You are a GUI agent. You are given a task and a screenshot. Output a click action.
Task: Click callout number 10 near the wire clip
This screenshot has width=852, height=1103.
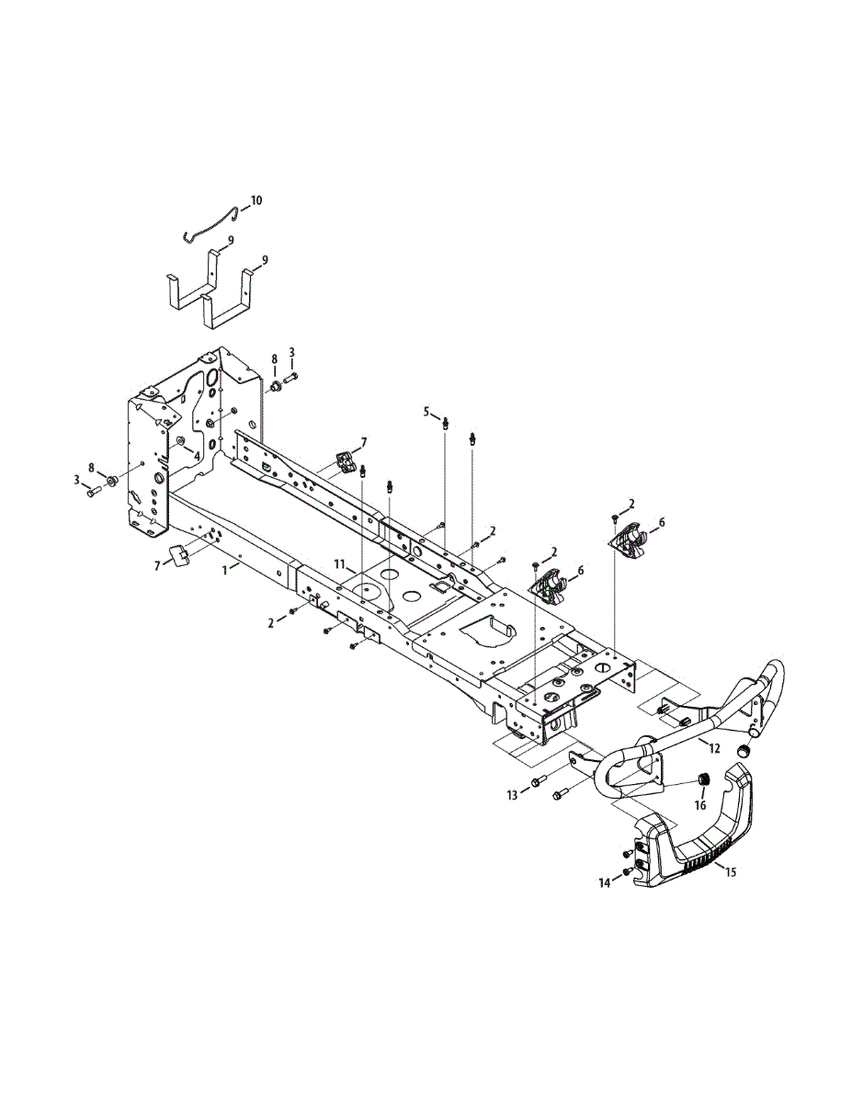click(x=256, y=199)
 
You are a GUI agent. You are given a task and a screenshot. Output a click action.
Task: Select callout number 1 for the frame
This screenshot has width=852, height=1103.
click(x=225, y=570)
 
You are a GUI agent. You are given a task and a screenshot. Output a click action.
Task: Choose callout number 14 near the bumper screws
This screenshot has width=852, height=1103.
click(x=604, y=883)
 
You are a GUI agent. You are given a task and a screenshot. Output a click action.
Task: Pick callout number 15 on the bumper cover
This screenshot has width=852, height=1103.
click(x=731, y=871)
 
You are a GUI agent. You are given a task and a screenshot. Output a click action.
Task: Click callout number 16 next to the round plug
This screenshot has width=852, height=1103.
click(x=700, y=806)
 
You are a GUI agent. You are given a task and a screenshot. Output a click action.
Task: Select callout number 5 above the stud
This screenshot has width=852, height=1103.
click(x=426, y=411)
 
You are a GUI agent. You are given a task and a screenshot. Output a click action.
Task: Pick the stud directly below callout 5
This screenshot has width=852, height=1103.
click(x=446, y=424)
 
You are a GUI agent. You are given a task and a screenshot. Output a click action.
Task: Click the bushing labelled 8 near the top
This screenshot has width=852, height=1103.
click(x=273, y=385)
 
